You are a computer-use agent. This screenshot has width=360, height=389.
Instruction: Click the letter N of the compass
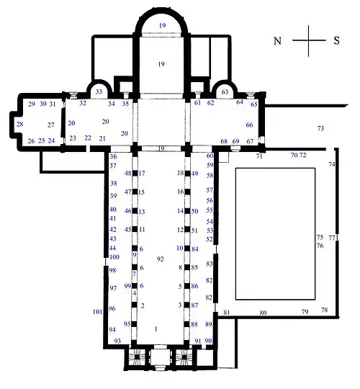click(x=277, y=41)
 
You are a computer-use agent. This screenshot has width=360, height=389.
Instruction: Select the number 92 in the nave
click(x=161, y=259)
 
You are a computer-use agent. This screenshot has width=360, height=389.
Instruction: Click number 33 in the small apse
click(x=100, y=92)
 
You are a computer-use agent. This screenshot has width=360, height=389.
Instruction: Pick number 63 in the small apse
click(x=225, y=92)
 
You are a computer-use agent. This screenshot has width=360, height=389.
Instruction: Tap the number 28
click(x=19, y=124)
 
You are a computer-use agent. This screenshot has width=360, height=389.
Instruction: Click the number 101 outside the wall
click(x=98, y=312)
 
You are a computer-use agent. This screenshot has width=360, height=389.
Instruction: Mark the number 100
click(x=114, y=257)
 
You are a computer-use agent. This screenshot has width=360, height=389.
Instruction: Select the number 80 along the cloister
click(x=263, y=313)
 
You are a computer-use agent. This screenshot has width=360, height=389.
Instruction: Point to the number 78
click(x=324, y=310)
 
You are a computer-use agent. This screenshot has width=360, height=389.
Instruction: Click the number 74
click(x=332, y=165)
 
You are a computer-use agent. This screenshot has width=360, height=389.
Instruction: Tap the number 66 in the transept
click(x=250, y=125)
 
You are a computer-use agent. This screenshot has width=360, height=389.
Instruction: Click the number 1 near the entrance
click(x=156, y=328)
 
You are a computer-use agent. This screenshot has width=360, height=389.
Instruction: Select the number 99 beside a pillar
click(x=127, y=286)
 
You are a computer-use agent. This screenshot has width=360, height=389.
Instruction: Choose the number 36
click(x=113, y=156)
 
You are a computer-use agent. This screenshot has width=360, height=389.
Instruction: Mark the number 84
click(x=194, y=249)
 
